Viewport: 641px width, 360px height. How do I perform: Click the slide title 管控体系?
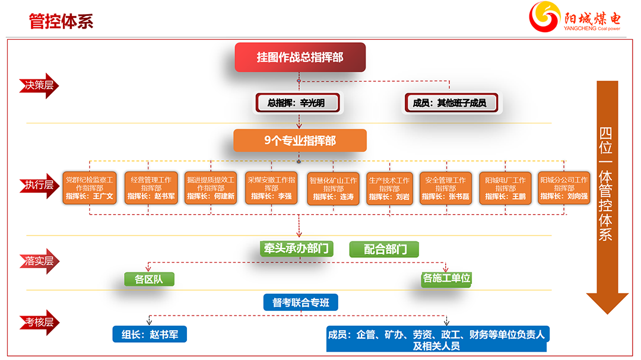pyautogui.click(x=61, y=21)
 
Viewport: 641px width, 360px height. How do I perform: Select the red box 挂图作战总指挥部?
pyautogui.click(x=300, y=58)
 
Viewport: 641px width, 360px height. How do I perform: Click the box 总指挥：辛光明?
pyautogui.click(x=299, y=103)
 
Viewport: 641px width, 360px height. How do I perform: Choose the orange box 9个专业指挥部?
pyautogui.click(x=300, y=141)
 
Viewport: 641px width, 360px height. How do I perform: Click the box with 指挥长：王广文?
pyautogui.click(x=89, y=188)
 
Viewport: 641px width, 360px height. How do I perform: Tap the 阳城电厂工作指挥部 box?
pyautogui.click(x=505, y=188)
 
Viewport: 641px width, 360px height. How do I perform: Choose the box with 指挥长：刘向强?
pyautogui.click(x=564, y=188)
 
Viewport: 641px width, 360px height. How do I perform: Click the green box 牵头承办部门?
pyautogui.click(x=296, y=249)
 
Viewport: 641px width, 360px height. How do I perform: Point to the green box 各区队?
pyautogui.click(x=149, y=279)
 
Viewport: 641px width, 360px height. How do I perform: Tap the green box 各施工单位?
pyautogui.click(x=446, y=278)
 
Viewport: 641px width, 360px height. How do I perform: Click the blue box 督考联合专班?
pyautogui.click(x=300, y=302)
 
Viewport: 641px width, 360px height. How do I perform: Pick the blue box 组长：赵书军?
pyautogui.click(x=150, y=334)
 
